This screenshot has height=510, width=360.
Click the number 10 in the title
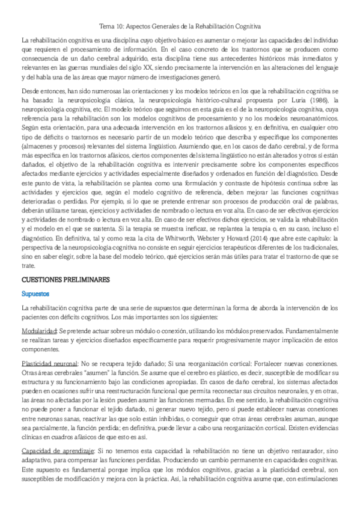coord(124,26)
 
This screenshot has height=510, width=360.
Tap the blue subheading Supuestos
coord(35,293)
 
